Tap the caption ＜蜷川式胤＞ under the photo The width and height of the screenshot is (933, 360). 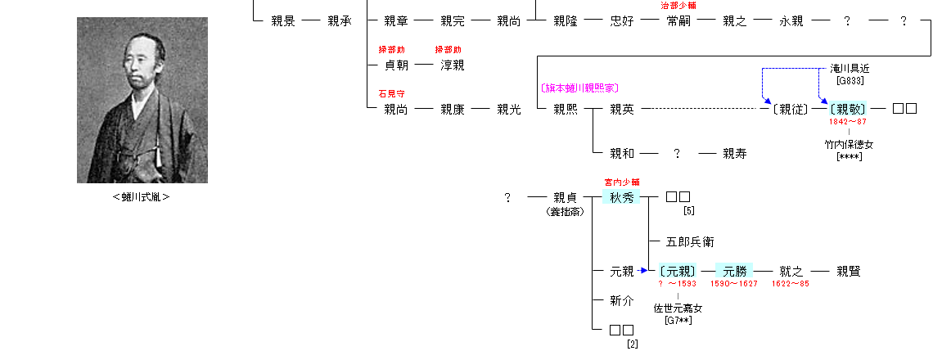(142, 196)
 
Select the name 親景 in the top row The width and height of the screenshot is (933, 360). (282, 21)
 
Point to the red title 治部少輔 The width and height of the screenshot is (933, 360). (678, 6)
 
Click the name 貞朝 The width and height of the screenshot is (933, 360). (396, 65)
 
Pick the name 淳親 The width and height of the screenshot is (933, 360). (453, 65)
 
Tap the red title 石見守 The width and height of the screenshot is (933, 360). (391, 93)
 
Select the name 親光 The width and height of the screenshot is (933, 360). (509, 109)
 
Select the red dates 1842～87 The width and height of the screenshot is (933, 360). (848, 122)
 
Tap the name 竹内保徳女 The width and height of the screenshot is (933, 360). (849, 145)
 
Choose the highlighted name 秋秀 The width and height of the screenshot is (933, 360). (622, 196)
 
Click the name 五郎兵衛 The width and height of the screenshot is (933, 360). (690, 242)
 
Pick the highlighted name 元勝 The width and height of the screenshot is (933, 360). (735, 271)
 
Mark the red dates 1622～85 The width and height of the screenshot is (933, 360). (791, 284)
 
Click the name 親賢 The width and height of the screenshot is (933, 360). (848, 271)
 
